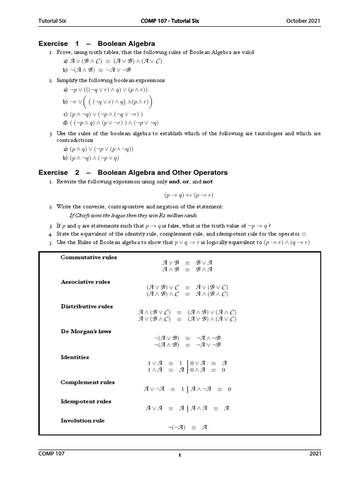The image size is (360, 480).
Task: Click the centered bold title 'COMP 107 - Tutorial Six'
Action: click(180, 21)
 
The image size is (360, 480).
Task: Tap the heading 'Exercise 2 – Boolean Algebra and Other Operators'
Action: click(133, 172)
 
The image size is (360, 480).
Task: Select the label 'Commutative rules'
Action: click(89, 257)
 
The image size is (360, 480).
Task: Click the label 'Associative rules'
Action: click(85, 282)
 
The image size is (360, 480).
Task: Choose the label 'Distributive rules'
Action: click(87, 307)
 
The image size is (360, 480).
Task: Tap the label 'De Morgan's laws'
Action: click(86, 331)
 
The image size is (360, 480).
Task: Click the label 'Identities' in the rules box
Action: click(75, 357)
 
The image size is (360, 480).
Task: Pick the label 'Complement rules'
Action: click(88, 382)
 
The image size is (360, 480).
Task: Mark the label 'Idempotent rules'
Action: click(86, 401)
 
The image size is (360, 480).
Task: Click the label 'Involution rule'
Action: click(82, 420)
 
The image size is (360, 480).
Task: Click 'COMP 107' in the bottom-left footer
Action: click(52, 454)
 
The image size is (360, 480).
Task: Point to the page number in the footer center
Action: click(180, 455)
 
